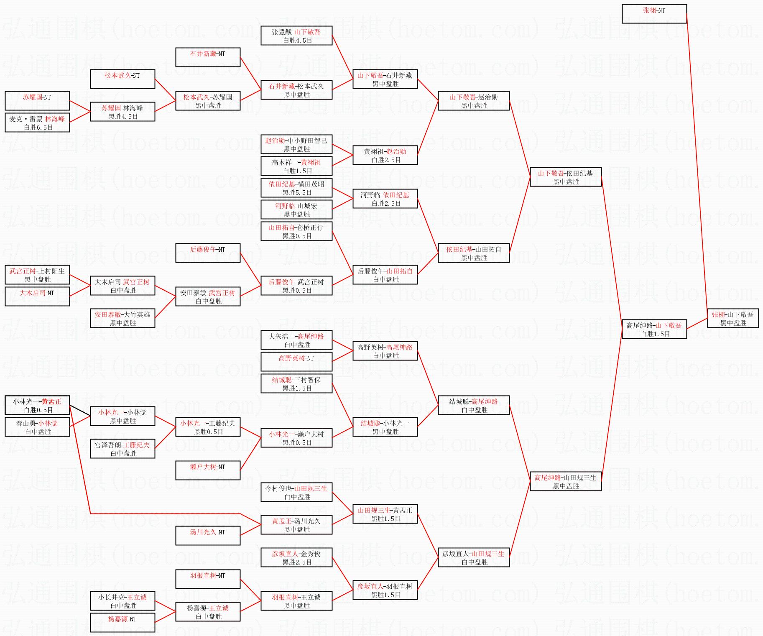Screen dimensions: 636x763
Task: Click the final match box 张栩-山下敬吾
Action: (732, 318)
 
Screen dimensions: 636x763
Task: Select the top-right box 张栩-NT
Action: (654, 14)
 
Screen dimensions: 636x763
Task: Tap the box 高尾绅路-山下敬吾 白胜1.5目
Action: (654, 329)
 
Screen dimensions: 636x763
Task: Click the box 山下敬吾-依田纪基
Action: (565, 177)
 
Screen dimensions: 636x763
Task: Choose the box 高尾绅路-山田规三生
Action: (565, 481)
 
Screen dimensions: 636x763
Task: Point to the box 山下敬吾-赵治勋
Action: (474, 101)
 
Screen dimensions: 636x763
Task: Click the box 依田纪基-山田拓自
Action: (474, 253)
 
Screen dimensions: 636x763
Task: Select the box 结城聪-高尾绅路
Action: (474, 405)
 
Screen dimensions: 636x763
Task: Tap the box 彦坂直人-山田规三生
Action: (474, 557)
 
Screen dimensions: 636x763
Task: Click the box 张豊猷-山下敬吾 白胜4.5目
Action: (296, 36)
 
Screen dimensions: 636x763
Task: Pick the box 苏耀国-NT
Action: (37, 101)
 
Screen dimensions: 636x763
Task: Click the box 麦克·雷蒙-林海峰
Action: (37, 123)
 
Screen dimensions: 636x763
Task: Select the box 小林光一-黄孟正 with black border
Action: (37, 405)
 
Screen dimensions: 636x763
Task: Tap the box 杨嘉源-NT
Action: (122, 623)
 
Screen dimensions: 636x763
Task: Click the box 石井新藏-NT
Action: (208, 57)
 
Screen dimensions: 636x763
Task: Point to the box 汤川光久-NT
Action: (208, 536)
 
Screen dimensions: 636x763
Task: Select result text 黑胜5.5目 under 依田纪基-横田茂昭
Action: (297, 193)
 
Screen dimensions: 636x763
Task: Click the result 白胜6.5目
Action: (38, 128)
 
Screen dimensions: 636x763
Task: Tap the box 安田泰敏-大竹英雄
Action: (122, 318)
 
